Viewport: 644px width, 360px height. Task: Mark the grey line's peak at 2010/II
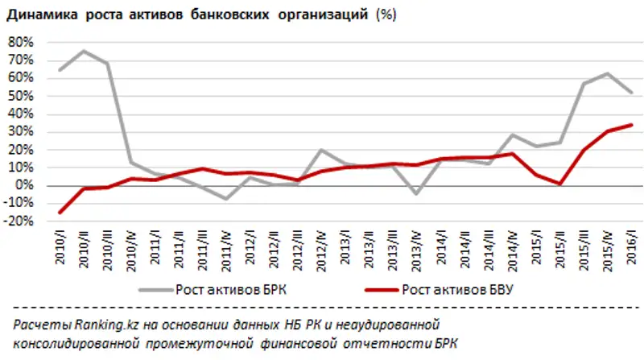84,51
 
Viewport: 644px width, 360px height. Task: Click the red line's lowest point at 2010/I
60,213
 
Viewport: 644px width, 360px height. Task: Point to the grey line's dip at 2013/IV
416,194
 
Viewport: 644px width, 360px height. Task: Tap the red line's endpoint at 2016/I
630,125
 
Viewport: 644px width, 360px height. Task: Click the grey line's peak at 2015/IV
606,73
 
